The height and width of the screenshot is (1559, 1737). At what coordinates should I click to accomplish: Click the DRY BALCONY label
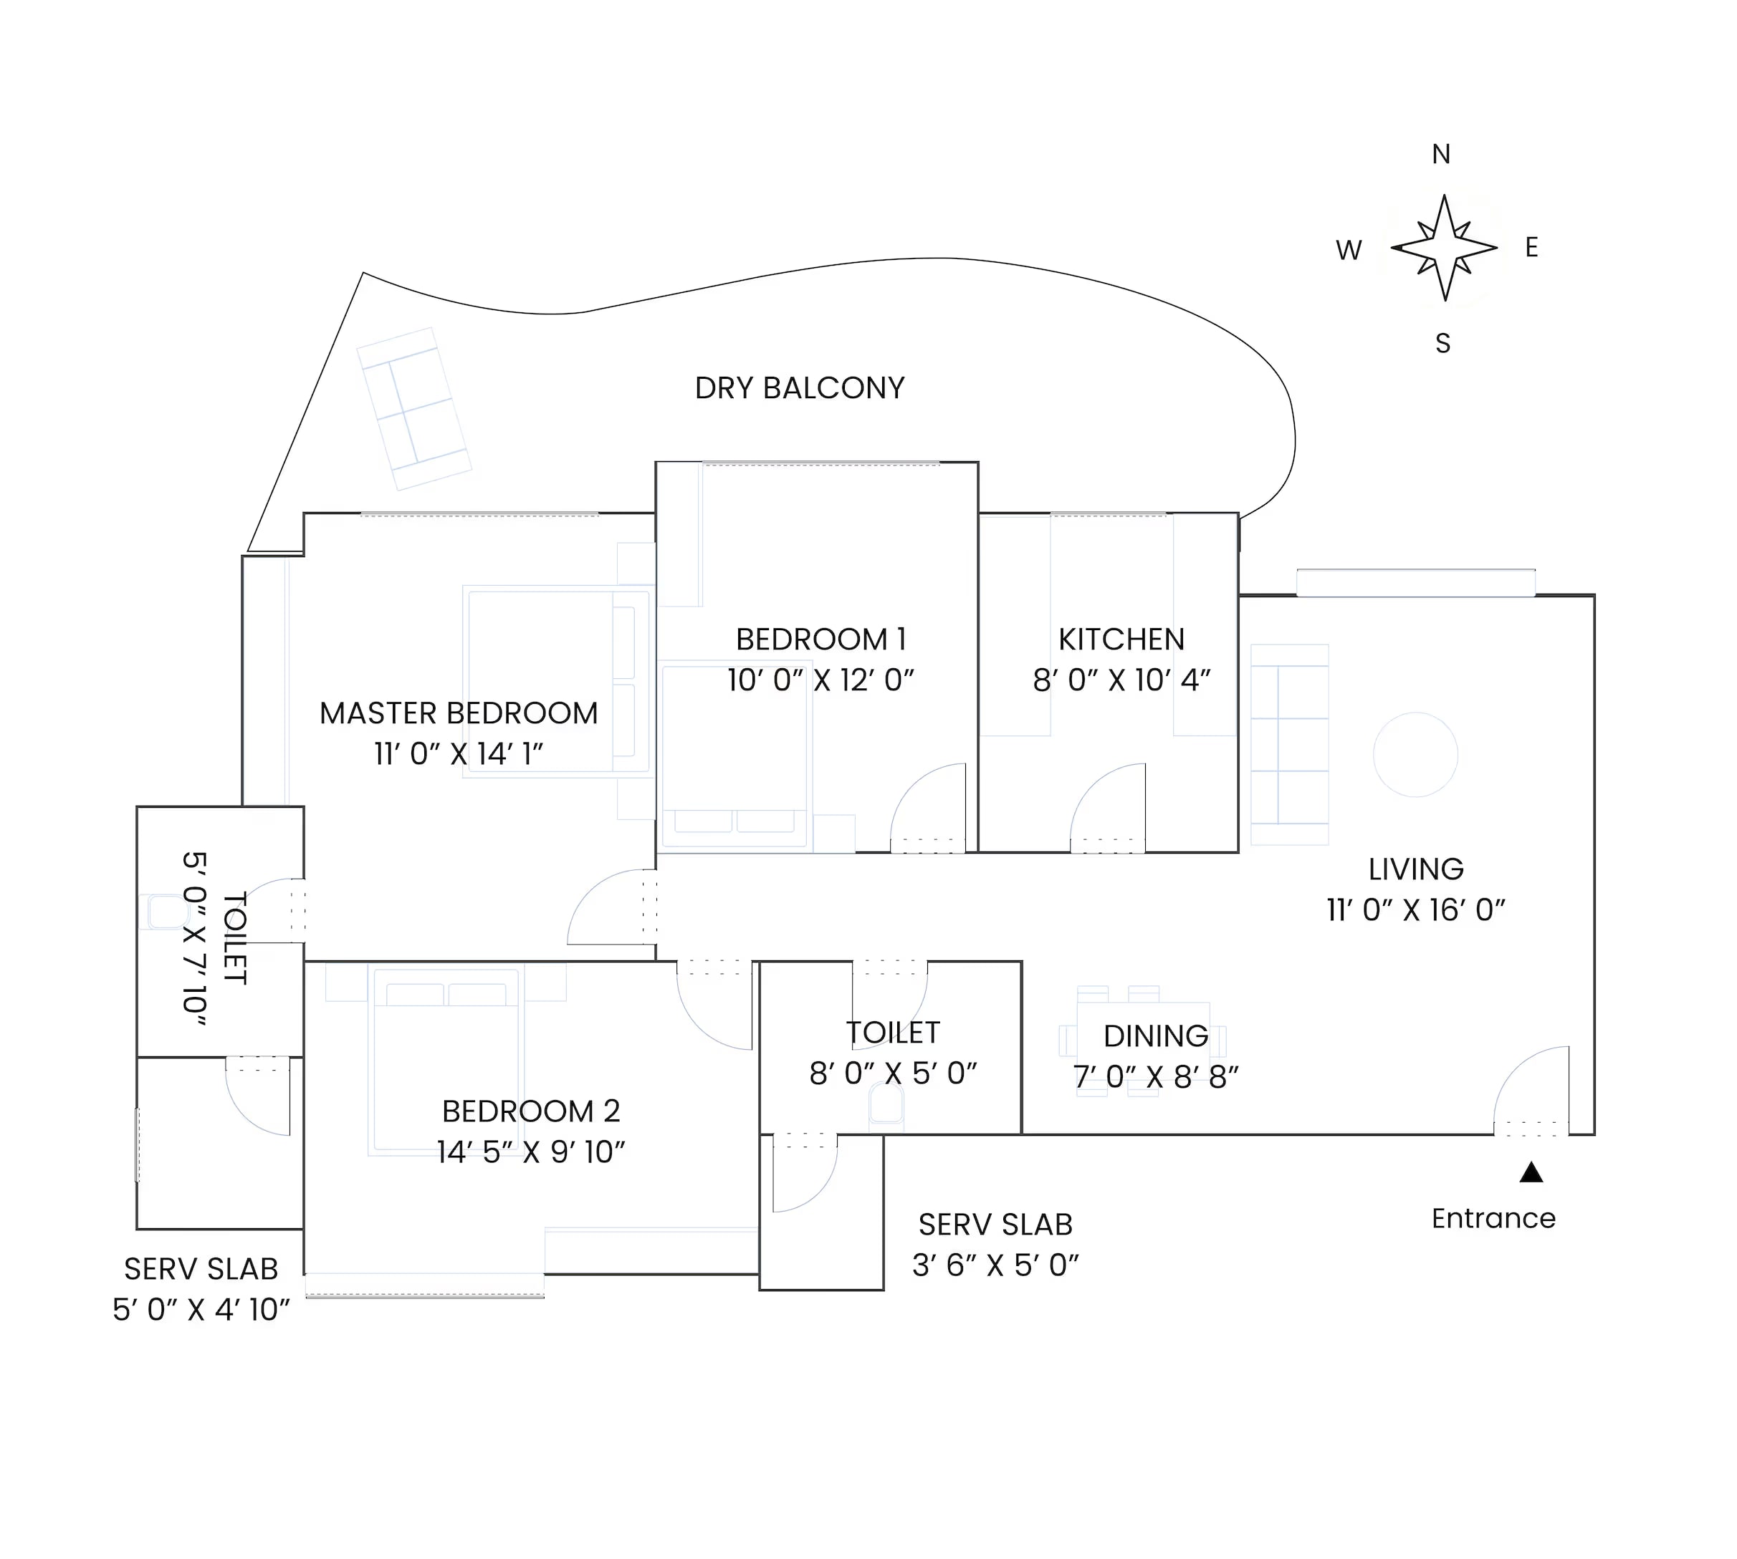(799, 388)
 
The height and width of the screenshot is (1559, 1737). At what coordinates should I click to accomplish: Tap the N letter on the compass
(1440, 154)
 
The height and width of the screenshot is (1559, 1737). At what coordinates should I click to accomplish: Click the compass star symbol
(1444, 248)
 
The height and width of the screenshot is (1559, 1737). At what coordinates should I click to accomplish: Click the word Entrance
(1493, 1218)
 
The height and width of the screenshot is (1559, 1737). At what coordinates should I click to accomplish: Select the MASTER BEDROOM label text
(459, 713)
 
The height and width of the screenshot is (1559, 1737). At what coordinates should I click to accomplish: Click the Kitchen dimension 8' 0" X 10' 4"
(1121, 680)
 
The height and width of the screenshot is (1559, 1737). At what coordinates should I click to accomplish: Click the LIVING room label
(1416, 869)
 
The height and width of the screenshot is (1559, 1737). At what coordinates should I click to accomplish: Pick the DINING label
(1155, 1036)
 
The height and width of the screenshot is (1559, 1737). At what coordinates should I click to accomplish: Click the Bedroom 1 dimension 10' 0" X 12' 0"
(820, 680)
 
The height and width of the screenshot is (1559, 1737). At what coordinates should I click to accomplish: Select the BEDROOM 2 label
(530, 1111)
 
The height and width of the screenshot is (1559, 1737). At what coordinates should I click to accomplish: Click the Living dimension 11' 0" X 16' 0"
(1416, 909)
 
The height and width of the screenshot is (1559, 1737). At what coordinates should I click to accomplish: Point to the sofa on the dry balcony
(414, 409)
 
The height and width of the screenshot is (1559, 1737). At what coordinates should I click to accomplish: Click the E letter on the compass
(1531, 248)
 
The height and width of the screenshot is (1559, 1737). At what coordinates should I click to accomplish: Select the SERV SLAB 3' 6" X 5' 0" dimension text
(995, 1265)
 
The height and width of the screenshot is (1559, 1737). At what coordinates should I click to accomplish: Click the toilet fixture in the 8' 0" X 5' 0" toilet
(886, 1105)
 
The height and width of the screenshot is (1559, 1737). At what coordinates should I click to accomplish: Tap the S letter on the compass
(1443, 344)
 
